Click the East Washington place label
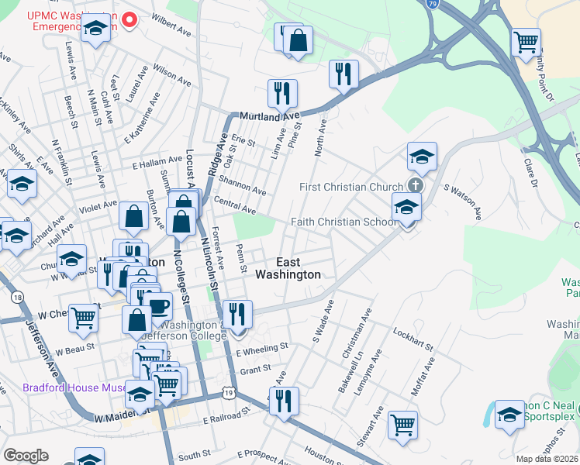point(288,268)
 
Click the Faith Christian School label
point(344,222)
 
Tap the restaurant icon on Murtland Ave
point(282,94)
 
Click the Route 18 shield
point(16,297)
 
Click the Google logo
point(26,455)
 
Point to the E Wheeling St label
point(262,349)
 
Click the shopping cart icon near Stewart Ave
point(402,424)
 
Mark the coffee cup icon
point(158,305)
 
